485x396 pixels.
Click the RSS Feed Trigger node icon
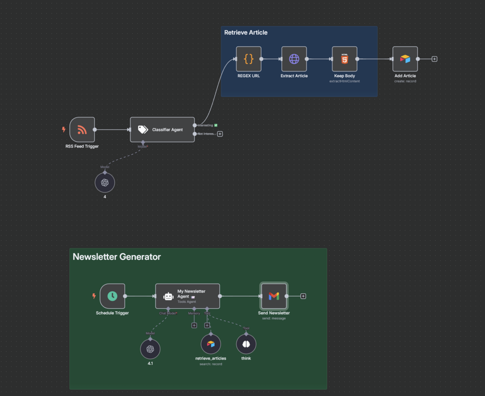tap(82, 129)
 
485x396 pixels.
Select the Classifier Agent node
tap(162, 129)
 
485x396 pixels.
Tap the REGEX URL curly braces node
tap(249, 59)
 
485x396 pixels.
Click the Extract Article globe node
tap(294, 59)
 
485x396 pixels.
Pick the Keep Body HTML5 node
tap(345, 59)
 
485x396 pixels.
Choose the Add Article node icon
tap(405, 59)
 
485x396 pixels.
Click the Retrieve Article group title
tap(246, 32)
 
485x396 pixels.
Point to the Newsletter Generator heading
tap(117, 257)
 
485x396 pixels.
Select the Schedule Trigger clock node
tap(112, 296)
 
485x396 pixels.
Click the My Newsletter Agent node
tap(187, 296)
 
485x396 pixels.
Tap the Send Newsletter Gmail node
tap(274, 296)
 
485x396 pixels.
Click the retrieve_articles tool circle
tap(211, 344)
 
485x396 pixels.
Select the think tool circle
tap(246, 344)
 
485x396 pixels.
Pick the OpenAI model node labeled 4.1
tap(150, 349)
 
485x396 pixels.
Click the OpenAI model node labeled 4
tap(105, 183)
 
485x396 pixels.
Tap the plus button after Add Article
tap(434, 59)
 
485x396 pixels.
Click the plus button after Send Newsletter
tap(303, 296)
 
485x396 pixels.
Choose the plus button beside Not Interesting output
tap(220, 134)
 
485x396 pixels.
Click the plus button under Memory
tap(194, 326)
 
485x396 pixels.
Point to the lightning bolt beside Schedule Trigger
tap(94, 296)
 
